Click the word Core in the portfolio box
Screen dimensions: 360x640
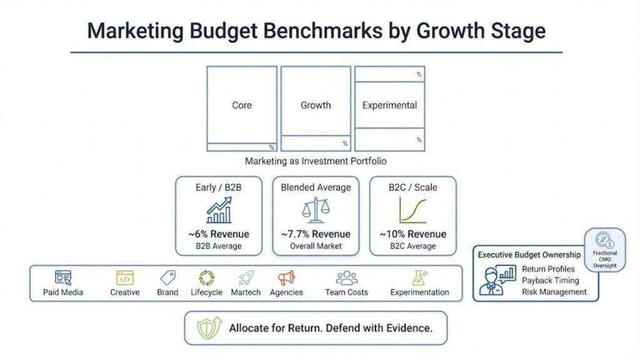coord(242,106)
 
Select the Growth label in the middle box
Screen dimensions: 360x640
coord(316,106)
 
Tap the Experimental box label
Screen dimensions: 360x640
coord(389,106)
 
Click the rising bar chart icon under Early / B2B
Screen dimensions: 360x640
coord(219,210)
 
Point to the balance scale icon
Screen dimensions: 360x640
coord(315,210)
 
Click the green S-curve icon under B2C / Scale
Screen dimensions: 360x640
coord(412,211)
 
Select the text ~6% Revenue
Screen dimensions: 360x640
coord(219,234)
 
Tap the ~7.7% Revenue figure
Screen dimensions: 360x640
coord(316,234)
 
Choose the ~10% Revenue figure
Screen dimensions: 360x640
coord(412,234)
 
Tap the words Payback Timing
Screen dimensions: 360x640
coord(550,281)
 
